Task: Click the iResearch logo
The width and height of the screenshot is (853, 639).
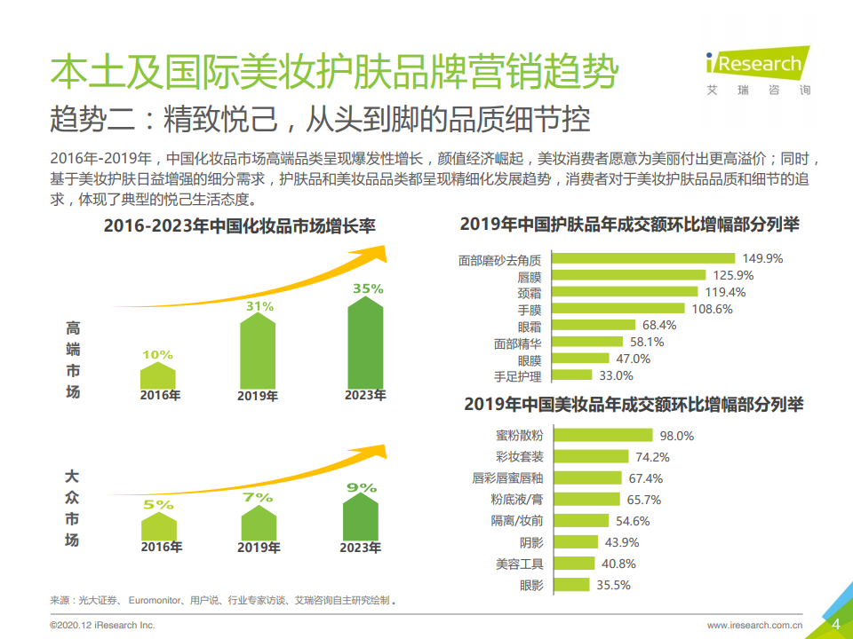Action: [x=756, y=70]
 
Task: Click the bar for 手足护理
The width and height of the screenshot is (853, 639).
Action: [x=571, y=376]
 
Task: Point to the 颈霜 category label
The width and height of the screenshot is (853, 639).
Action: [x=529, y=292]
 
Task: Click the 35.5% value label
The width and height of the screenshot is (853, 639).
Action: [x=613, y=585]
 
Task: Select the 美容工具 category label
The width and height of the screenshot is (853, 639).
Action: [x=520, y=564]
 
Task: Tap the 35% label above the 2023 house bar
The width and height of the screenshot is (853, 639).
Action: [x=367, y=288]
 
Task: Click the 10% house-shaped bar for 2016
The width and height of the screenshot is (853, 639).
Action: [x=158, y=374]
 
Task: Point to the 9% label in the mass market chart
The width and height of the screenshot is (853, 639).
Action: [x=362, y=487]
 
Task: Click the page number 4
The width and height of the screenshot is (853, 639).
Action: [x=835, y=623]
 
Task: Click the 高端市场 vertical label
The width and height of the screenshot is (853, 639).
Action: [x=73, y=359]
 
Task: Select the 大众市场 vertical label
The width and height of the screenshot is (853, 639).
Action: [x=73, y=507]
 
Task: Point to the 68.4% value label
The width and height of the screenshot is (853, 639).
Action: [x=659, y=326]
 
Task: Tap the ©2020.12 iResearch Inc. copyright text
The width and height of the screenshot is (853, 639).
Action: [x=102, y=626]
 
